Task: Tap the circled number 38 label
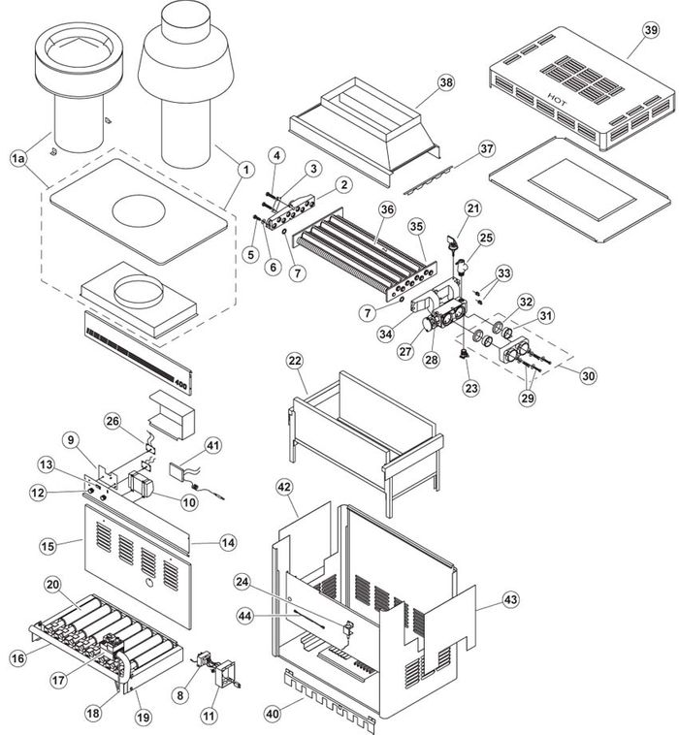click(445, 83)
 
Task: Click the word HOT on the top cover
click(557, 98)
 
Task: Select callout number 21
click(472, 208)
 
